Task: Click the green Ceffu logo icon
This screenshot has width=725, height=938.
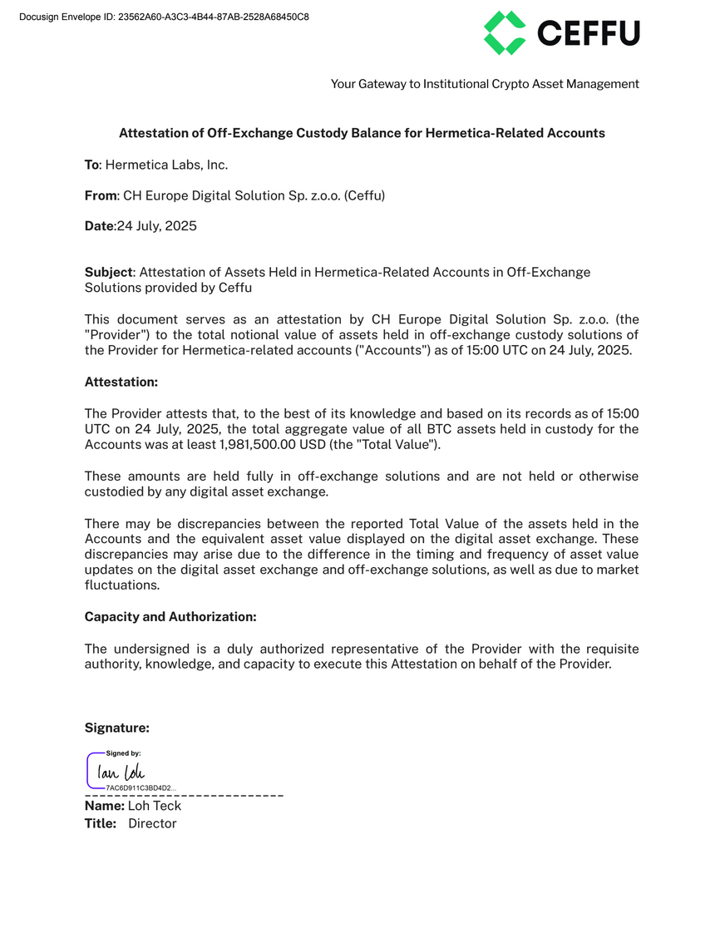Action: pyautogui.click(x=505, y=33)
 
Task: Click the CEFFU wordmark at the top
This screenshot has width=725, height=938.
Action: pyautogui.click(x=589, y=33)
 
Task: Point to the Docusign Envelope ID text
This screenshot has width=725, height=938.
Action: pyautogui.click(x=164, y=17)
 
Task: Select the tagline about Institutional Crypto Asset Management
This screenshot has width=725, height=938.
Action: pyautogui.click(x=485, y=84)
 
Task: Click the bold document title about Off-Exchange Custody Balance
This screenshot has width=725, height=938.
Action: pyautogui.click(x=362, y=133)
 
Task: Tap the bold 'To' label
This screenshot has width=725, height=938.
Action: pyautogui.click(x=91, y=165)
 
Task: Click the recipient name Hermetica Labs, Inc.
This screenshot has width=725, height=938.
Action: pyautogui.click(x=166, y=165)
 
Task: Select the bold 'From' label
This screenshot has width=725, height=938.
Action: pyautogui.click(x=100, y=195)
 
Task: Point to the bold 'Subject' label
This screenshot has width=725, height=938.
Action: pyautogui.click(x=108, y=273)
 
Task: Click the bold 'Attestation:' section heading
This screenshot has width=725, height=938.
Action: pyautogui.click(x=121, y=382)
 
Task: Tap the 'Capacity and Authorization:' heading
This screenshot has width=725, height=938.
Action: pyautogui.click(x=170, y=617)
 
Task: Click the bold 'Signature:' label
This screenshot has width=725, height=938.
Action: pyautogui.click(x=117, y=728)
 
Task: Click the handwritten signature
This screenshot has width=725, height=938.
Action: pyautogui.click(x=121, y=773)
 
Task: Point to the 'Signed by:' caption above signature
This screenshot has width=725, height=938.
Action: pyautogui.click(x=123, y=753)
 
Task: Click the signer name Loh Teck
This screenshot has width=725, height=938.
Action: pyautogui.click(x=155, y=806)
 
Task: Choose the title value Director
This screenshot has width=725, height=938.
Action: pyautogui.click(x=152, y=823)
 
